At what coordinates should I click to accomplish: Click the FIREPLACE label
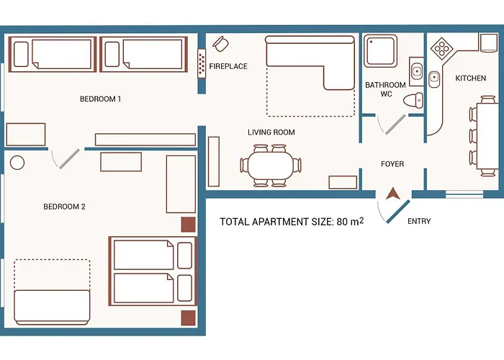pos(228,66)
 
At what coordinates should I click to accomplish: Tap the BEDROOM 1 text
pos(100,99)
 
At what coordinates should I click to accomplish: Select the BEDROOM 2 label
pos(64,207)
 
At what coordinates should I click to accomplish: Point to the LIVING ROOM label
pos(271,132)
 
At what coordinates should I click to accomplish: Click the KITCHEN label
pos(471,78)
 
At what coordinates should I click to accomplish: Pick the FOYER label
pos(392,164)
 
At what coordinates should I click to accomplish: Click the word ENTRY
pos(419,221)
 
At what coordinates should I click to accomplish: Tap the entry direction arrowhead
pos(393,194)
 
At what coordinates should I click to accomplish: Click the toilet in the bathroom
pos(413,100)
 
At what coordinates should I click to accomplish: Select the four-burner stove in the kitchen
pos(441,49)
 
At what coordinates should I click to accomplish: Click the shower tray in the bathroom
pos(381,51)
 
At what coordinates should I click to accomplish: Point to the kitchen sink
pos(434,79)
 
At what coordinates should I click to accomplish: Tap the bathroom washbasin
pos(417,71)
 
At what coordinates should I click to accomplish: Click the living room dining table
pos(271,165)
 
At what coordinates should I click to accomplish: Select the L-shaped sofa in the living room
pos(310,62)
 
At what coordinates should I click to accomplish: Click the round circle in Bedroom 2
pos(17,163)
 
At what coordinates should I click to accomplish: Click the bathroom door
pos(395,125)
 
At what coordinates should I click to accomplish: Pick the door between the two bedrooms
pos(69,159)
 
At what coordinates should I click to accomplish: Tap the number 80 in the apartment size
pos(342,222)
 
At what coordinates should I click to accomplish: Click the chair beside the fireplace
pos(221,44)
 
